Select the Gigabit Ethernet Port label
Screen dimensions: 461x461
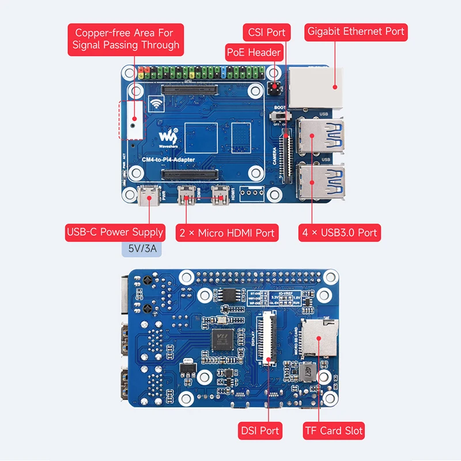[x=356, y=32]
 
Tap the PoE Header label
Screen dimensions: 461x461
[x=254, y=52]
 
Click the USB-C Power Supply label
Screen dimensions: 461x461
[x=115, y=233]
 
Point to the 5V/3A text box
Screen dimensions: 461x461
[x=139, y=250]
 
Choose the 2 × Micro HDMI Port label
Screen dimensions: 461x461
[x=227, y=233]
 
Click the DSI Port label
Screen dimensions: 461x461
[x=260, y=430]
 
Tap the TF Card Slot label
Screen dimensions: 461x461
[x=334, y=430]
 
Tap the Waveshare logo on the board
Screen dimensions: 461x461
[x=168, y=137]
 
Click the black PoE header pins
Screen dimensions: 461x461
[x=274, y=89]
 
